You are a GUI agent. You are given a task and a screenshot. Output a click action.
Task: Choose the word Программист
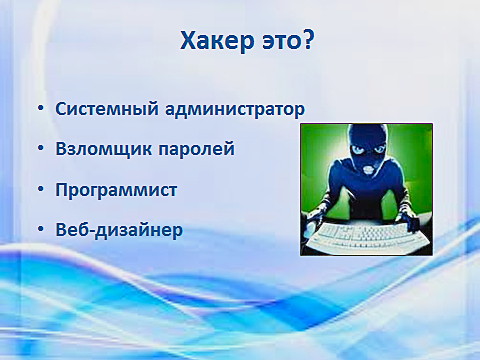click(116, 188)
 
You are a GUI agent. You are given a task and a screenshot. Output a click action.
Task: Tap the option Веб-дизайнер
click(119, 229)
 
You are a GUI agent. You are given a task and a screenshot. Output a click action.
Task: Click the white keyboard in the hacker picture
click(366, 237)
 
